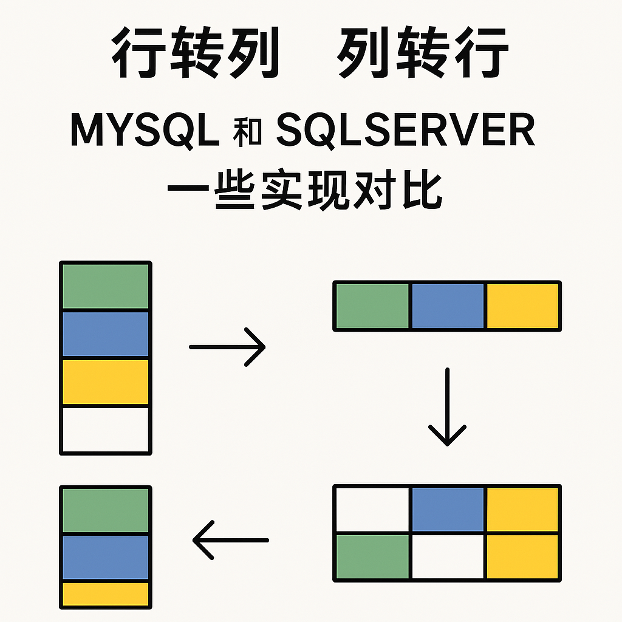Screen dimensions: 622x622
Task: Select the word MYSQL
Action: (145, 129)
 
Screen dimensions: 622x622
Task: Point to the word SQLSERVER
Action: (405, 129)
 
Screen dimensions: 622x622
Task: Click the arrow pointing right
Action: (228, 347)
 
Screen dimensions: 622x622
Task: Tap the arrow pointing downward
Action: (447, 407)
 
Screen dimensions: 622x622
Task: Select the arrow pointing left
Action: (231, 540)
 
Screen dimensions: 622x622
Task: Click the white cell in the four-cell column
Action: (106, 429)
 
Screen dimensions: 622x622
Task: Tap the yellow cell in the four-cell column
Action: (106, 381)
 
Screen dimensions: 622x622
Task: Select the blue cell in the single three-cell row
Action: (448, 306)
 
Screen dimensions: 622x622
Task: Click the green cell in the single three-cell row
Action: (373, 306)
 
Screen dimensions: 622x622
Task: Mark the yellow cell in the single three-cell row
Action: (522, 306)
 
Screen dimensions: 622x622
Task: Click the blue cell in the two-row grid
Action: (448, 509)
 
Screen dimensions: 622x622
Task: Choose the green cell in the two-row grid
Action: (373, 556)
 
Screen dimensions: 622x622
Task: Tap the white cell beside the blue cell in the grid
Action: (373, 509)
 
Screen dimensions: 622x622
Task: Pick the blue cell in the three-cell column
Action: (106, 557)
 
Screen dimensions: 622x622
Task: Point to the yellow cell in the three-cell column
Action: (106, 593)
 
